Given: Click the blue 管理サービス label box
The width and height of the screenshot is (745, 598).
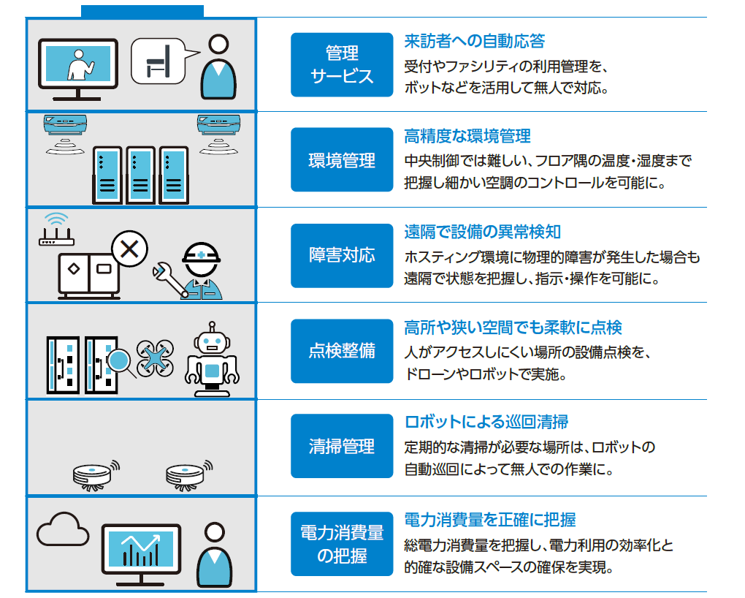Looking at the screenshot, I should tap(341, 64).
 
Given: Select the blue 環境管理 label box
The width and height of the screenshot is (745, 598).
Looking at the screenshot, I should tap(341, 160).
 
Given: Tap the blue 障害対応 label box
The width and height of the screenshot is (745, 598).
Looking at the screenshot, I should tap(341, 255).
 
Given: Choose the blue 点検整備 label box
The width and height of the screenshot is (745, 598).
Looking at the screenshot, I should tap(341, 351).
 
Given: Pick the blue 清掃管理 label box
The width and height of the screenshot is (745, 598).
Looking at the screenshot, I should tap(341, 446).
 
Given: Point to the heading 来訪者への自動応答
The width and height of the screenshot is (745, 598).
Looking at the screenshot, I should tap(474, 41).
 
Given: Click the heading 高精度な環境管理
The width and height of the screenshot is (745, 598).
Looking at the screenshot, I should tap(467, 136).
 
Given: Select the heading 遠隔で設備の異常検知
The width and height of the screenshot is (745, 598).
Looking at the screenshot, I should tap(483, 232).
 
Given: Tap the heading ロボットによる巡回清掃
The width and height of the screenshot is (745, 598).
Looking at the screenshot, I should tap(486, 422).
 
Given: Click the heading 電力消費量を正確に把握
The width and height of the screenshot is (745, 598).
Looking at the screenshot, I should tap(490, 520).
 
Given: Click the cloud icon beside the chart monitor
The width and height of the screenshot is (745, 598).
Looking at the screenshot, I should tap(62, 531).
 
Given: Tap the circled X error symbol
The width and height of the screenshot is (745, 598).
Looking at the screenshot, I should tap(129, 249).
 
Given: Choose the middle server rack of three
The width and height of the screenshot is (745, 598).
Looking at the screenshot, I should tap(142, 175).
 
